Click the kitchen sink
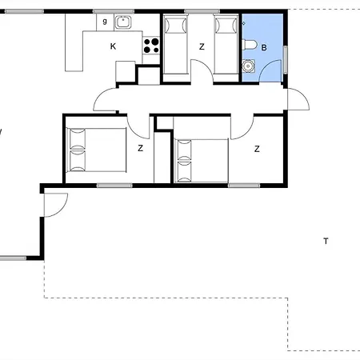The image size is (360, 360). [123, 22]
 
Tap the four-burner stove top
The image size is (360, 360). [151, 46]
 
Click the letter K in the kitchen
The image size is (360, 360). [113, 46]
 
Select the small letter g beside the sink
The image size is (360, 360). [105, 22]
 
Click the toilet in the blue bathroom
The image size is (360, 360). [250, 45]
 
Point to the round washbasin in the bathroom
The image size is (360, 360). [249, 66]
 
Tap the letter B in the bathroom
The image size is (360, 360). [264, 48]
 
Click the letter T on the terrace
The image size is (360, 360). [326, 242]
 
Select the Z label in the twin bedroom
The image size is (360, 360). [202, 46]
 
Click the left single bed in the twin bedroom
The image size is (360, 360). [175, 45]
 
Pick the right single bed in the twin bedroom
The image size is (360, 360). [226, 45]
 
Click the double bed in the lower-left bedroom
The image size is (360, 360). [96, 150]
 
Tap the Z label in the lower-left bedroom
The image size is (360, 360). [140, 148]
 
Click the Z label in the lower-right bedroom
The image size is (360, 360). [257, 149]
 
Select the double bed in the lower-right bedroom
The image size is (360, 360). [201, 161]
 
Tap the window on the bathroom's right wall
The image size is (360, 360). [286, 60]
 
